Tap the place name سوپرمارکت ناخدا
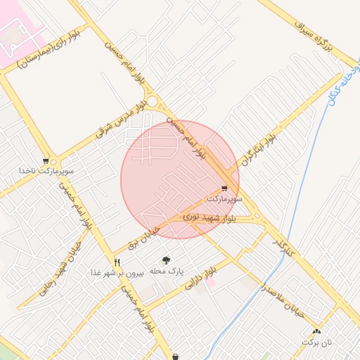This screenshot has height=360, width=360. pyautogui.click(x=47, y=171)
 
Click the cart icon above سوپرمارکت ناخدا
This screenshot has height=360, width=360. pyautogui.click(x=46, y=160)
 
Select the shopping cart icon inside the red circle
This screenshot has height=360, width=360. pyautogui.click(x=224, y=188)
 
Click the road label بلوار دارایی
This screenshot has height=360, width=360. pyautogui.click(x=200, y=279)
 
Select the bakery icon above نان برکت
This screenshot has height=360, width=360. pyautogui.click(x=316, y=331)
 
